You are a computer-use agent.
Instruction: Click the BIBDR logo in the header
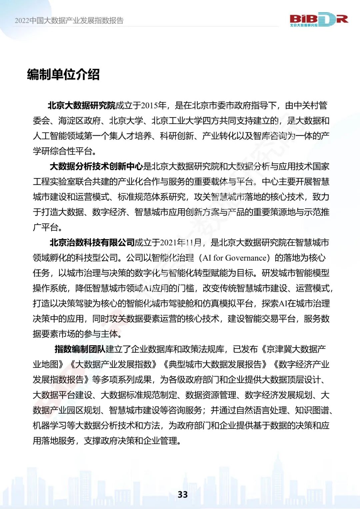click(x=318, y=19)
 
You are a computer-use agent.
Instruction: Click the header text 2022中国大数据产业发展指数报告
click(x=69, y=21)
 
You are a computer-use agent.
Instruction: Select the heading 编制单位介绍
click(x=63, y=74)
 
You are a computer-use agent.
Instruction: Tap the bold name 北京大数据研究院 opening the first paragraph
click(x=81, y=106)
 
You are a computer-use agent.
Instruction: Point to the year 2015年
click(x=153, y=106)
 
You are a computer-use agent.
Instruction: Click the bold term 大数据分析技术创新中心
click(x=96, y=166)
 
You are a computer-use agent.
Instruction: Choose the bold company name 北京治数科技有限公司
click(x=92, y=242)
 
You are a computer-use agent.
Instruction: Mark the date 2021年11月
click(x=181, y=242)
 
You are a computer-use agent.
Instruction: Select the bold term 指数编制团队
click(x=80, y=349)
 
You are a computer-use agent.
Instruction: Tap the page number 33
click(x=183, y=494)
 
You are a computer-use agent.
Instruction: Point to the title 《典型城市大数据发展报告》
click(x=215, y=364)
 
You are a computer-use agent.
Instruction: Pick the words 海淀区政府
click(x=79, y=121)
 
